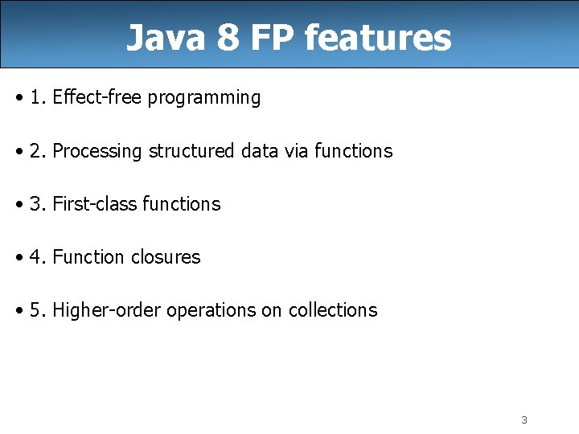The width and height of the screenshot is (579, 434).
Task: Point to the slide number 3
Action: [524, 420]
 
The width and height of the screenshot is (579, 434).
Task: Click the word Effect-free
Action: [97, 98]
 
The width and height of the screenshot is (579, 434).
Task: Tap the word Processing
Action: [97, 151]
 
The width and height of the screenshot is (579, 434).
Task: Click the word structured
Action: [191, 151]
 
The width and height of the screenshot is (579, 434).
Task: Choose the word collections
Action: [332, 310]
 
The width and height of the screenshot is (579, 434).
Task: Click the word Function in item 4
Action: [86, 257]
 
